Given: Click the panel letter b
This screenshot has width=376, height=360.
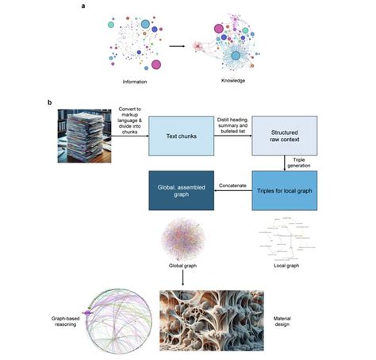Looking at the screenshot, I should [52, 102].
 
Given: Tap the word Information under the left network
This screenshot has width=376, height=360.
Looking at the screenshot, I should [134, 82].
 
